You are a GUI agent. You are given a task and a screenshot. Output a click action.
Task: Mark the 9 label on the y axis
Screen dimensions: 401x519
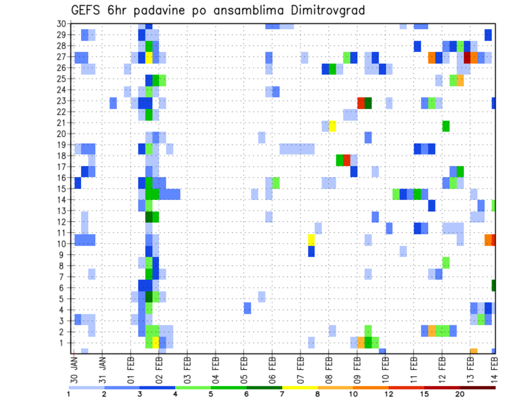[63, 255]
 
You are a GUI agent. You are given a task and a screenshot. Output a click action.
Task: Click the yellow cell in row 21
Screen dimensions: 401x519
[332, 126]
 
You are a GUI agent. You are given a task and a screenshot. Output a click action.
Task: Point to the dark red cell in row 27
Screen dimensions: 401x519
[467, 57]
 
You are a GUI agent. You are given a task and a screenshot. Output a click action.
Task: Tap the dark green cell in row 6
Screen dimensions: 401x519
[494, 285]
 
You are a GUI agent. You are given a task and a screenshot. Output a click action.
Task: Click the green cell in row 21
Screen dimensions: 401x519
[446, 126]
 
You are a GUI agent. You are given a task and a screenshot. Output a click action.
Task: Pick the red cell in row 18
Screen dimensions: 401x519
[347, 160]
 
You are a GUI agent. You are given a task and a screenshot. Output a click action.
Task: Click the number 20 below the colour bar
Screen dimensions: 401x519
[460, 394]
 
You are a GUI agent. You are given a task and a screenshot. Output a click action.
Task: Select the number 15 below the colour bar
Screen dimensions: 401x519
[424, 394]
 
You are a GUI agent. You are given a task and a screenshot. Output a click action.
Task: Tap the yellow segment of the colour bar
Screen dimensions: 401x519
[300, 387]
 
